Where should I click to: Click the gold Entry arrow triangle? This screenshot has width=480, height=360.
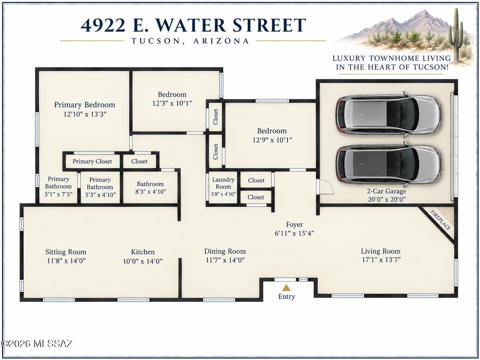click(x=286, y=288)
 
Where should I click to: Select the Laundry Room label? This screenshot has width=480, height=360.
click(x=223, y=183)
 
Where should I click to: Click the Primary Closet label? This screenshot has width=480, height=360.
click(x=92, y=161)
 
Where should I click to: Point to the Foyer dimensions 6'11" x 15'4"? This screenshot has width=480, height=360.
click(x=294, y=233)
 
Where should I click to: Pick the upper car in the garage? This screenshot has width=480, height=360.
click(x=388, y=115)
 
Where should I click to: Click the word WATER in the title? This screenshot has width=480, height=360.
click(x=191, y=25)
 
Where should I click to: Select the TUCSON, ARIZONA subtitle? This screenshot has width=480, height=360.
click(x=190, y=41)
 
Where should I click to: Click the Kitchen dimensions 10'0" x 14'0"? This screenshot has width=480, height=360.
click(x=143, y=261)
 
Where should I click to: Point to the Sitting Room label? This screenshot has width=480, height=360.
click(x=66, y=252)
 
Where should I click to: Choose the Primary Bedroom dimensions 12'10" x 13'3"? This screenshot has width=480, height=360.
click(x=85, y=114)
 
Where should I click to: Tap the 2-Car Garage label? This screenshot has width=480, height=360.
click(x=387, y=191)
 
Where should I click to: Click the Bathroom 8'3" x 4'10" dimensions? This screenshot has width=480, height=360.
click(x=150, y=192)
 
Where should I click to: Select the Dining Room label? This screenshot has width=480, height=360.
click(x=225, y=251)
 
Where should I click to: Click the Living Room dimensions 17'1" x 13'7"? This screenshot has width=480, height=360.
click(x=381, y=260)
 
